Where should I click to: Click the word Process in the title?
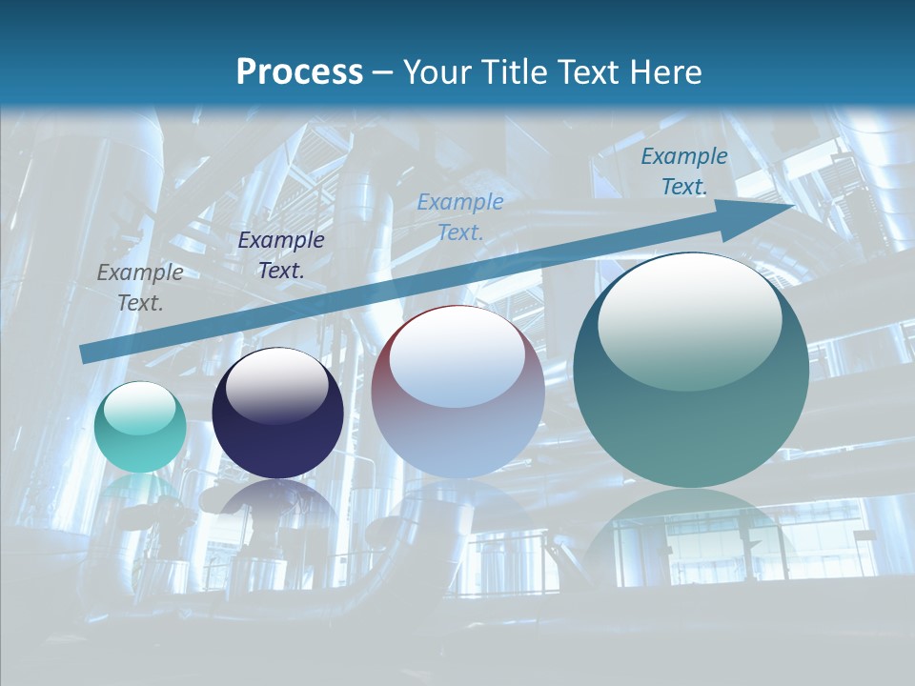tap(299, 72)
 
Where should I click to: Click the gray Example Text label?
tap(140, 288)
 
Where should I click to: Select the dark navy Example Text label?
tap(280, 255)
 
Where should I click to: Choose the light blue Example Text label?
tap(460, 216)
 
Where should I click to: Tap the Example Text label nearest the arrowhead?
tap(683, 171)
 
